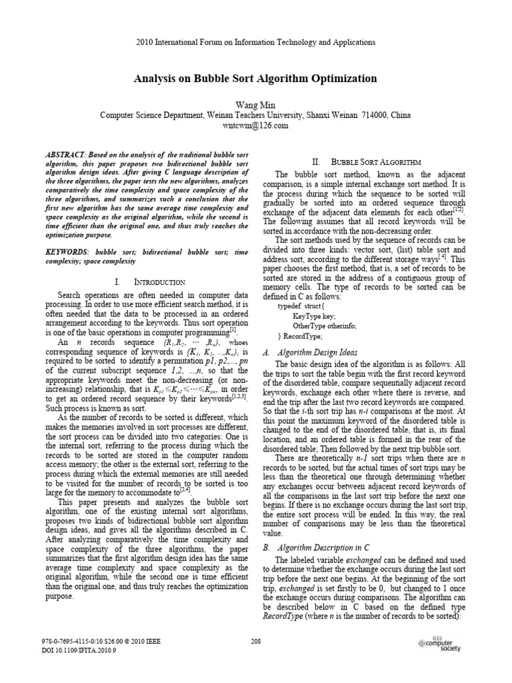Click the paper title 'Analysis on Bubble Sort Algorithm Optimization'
255,79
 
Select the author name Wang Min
255,105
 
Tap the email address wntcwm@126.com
255,125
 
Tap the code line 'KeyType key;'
313,315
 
